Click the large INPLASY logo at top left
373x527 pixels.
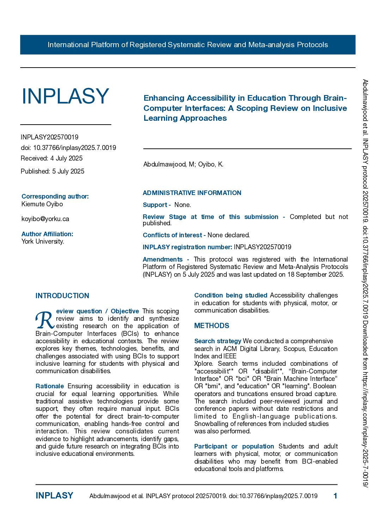point(65,96)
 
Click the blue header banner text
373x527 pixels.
point(188,45)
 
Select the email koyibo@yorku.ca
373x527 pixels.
point(45,219)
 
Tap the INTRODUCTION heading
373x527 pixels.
point(62,296)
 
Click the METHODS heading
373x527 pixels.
point(212,326)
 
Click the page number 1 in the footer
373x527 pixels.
point(335,496)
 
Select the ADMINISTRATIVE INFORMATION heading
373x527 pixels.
point(192,193)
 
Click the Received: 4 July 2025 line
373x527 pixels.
point(52,158)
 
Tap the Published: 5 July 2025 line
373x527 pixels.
point(53,171)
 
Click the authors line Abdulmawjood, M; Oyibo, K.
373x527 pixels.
point(183,164)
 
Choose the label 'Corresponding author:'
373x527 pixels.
point(55,196)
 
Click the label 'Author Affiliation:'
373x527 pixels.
point(47,234)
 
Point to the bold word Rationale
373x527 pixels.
point(50,386)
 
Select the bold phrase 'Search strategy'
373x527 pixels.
point(218,341)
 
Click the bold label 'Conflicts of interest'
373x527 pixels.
point(172,235)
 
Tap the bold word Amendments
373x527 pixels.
point(163,259)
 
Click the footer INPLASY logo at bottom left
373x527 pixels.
point(54,496)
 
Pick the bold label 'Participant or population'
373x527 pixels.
point(234,446)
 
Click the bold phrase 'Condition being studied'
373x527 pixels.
point(231,295)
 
